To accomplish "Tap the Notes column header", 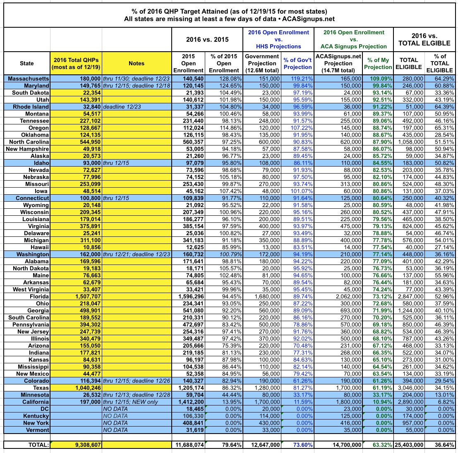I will coord(136,63).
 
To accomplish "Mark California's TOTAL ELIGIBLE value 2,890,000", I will coord(408,401).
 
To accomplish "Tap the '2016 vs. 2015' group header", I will coord(207,39).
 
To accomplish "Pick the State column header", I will coord(27,63).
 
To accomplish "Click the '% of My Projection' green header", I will coord(378,63).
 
